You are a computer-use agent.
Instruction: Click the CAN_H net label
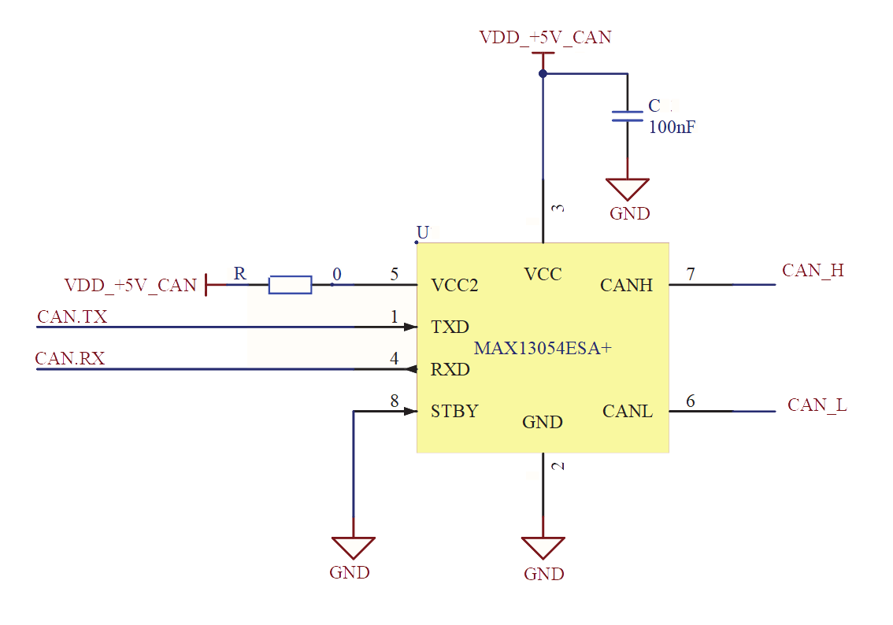coord(813,271)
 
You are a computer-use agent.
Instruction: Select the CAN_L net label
coord(817,405)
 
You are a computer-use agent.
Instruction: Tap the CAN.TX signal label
coord(72,317)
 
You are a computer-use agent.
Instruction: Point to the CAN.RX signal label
coord(70,359)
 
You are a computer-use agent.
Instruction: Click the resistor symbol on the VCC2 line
coord(290,285)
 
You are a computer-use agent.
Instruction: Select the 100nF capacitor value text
coord(672,128)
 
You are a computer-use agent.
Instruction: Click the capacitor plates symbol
coord(628,116)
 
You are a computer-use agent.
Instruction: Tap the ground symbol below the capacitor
coord(628,190)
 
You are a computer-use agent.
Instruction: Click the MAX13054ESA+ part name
coord(543,348)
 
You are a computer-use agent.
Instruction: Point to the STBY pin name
coord(454,411)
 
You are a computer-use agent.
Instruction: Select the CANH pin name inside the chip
coord(626,285)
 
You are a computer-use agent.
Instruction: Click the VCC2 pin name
coord(454,285)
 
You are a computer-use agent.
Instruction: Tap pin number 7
coord(691,275)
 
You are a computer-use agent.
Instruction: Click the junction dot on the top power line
coord(543,74)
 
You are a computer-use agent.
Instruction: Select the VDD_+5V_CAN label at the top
coord(545,37)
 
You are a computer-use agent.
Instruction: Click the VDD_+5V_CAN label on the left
coord(130,285)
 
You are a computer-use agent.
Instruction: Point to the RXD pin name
coord(450,369)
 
